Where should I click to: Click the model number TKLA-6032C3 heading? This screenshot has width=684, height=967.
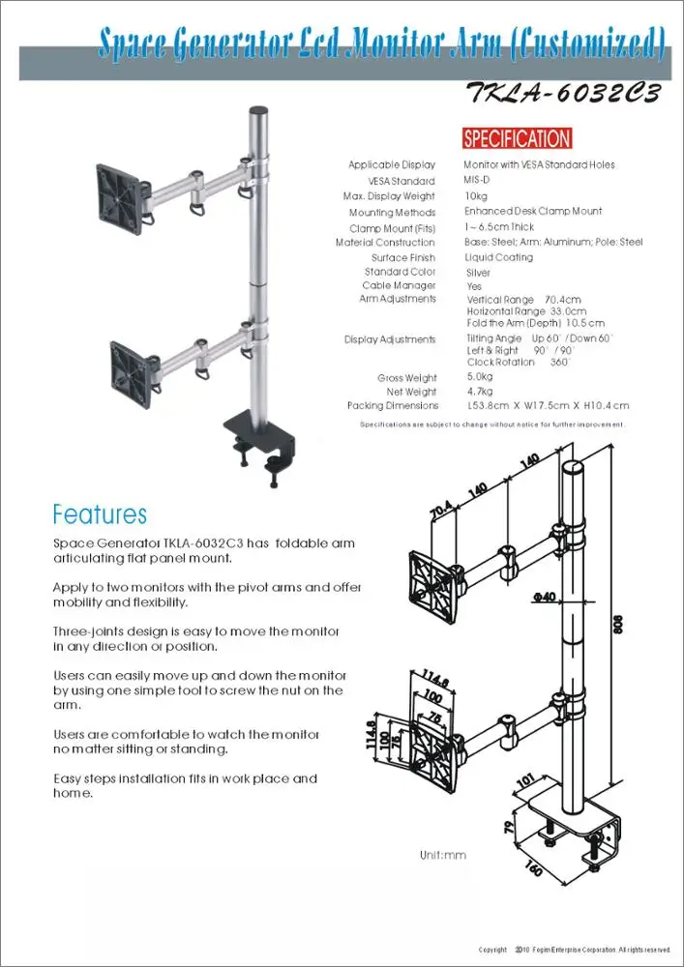pos(563,94)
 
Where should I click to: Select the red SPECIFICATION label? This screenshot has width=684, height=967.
pos(517,138)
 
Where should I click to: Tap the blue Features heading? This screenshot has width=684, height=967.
pos(100,513)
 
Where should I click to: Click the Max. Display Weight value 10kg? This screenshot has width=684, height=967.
pos(476,196)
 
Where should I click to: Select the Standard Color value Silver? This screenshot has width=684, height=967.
pos(478,274)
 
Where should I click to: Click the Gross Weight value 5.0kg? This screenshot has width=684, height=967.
pos(480,377)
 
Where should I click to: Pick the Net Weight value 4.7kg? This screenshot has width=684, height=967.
pos(480,392)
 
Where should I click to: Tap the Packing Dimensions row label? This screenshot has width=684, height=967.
pos(392,406)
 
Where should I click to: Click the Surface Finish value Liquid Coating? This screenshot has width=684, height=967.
pos(499,258)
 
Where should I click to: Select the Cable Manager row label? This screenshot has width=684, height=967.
pos(399,286)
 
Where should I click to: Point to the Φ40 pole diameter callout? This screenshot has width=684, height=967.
pos(544,598)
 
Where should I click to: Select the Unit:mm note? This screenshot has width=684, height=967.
pos(443,856)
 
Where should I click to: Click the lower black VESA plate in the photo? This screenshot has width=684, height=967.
pos(133,367)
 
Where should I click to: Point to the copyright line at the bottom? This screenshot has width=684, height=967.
pos(574,950)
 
